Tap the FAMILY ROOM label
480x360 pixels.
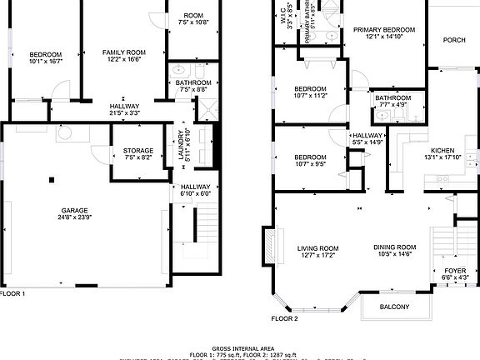pyautogui.click(x=124, y=52)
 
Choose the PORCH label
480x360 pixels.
pyautogui.click(x=454, y=40)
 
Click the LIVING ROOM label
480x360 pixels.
pyautogui.click(x=317, y=247)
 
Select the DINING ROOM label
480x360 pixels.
pyautogui.click(x=395, y=247)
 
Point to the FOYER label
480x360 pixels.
pyautogui.click(x=455, y=270)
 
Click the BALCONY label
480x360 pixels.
pyautogui.click(x=395, y=307)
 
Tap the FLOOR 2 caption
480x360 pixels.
pyautogui.click(x=284, y=318)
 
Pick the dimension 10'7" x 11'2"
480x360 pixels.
pyautogui.click(x=309, y=96)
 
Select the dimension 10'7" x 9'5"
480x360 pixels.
pyautogui.click(x=309, y=164)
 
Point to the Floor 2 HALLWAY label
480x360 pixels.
pyautogui.click(x=367, y=136)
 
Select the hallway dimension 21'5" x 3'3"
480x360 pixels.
pyautogui.click(x=124, y=114)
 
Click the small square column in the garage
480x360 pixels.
pyautogui.click(x=52, y=178)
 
